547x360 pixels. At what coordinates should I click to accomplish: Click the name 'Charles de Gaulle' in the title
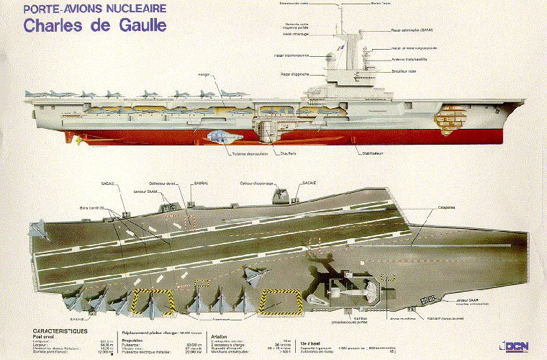pos(95,26)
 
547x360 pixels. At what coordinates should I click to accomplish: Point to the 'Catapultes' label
pos(446,207)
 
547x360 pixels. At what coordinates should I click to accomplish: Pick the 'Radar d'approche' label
pos(296,74)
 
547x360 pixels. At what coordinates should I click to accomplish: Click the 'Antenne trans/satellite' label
pos(392,60)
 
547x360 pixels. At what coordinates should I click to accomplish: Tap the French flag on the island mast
pos(343,48)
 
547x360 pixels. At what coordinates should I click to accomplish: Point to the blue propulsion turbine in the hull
pos(217,135)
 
